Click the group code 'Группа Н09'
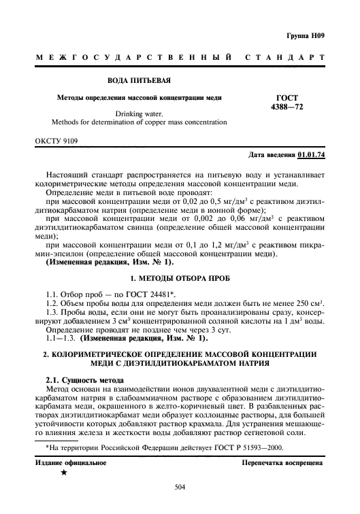(x=304, y=34)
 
